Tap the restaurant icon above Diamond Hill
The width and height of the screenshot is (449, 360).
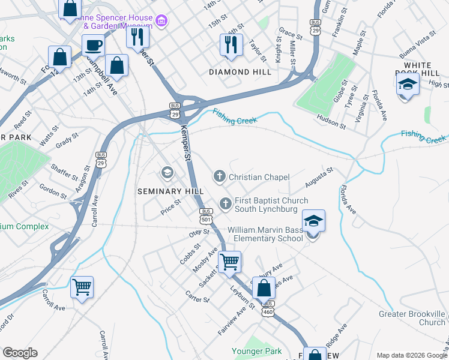(x=231, y=44)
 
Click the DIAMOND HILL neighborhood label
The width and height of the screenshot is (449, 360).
(x=237, y=71)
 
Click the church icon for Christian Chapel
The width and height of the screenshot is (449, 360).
(x=220, y=176)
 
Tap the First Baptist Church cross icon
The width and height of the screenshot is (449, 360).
(x=226, y=204)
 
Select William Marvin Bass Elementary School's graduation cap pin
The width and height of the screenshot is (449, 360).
(x=313, y=221)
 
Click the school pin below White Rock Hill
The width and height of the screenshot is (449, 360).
(x=408, y=85)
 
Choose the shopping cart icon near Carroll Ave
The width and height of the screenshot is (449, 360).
(x=82, y=286)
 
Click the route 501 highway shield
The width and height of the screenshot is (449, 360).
(x=206, y=215)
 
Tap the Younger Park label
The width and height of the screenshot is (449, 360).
(x=256, y=350)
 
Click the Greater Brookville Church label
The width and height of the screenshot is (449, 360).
(x=412, y=318)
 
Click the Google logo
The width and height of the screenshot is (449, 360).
(x=20, y=353)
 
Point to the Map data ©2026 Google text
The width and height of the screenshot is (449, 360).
(x=411, y=355)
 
